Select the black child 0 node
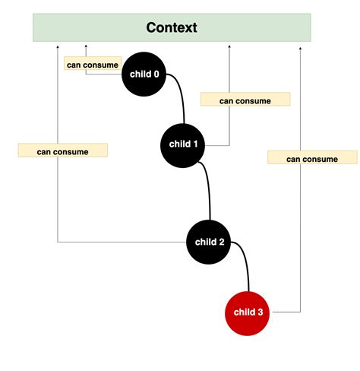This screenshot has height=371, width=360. coord(144,74)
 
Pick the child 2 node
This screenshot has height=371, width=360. coord(210,242)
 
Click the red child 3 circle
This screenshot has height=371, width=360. coord(248,312)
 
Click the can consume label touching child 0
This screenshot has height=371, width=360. coord(93,65)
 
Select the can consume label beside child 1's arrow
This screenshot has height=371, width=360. coord(245,100)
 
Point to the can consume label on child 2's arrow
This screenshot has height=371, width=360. coord(63,151)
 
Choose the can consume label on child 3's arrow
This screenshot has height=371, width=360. coord(312,157)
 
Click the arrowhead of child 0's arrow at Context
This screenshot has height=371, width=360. coord(86,47)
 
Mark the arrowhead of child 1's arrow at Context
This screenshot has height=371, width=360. coord(229,47)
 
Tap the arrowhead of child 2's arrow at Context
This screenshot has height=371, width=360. coord(58,47)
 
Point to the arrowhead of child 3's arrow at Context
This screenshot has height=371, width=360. coord(301,47)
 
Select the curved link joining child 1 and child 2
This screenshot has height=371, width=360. coord(208,186)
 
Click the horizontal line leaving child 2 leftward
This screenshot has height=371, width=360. coord(122,242)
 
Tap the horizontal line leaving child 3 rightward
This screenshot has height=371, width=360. coord(287,312)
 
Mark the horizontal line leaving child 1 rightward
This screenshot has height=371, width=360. coord(217,144)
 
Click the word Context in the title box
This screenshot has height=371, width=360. coord(172,28)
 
